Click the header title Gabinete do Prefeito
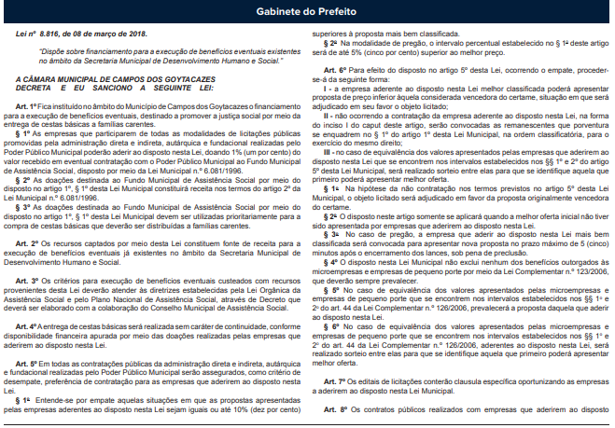[307, 12]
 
